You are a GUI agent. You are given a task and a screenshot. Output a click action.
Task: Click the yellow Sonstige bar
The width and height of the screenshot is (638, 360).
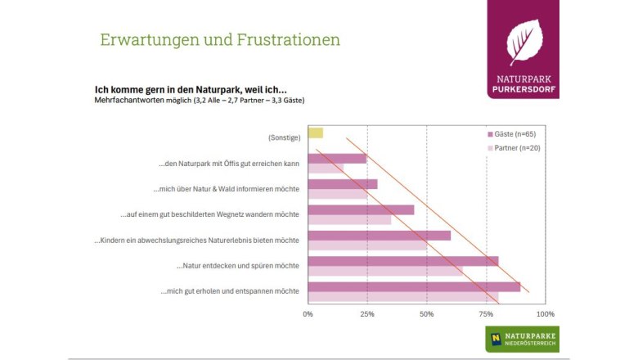point(315,133)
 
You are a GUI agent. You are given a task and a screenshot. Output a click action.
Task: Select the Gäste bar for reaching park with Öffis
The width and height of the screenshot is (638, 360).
point(336,159)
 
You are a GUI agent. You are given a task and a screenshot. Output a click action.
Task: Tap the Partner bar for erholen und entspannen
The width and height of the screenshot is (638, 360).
point(402,297)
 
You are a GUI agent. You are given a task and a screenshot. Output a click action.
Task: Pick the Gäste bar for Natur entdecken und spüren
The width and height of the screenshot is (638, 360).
point(402,261)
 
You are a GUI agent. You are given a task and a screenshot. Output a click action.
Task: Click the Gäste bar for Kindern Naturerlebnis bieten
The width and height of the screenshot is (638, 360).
point(379,236)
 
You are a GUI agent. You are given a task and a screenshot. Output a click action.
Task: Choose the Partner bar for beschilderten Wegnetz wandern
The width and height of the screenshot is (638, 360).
point(348,220)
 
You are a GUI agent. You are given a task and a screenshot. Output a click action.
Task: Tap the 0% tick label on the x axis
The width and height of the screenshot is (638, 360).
point(308,313)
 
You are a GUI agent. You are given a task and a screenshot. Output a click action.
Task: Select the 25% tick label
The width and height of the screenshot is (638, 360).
point(367,313)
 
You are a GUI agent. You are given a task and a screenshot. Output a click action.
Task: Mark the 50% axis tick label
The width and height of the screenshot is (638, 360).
point(427,313)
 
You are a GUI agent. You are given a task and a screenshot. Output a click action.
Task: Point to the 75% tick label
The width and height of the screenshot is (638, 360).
point(487,313)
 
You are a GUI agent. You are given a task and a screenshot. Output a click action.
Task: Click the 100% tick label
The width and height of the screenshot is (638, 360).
point(545,313)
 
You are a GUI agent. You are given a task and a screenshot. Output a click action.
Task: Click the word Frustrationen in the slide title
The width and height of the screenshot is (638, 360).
point(285,40)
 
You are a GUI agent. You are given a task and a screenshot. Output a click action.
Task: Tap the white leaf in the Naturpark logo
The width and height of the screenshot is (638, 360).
point(523,42)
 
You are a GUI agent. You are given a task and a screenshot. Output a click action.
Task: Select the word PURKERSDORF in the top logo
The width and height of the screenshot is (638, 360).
point(523,89)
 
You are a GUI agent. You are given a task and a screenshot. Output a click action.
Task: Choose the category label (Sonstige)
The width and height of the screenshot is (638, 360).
point(284,137)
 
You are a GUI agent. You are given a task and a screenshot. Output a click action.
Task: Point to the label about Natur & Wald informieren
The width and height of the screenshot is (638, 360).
point(226,189)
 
